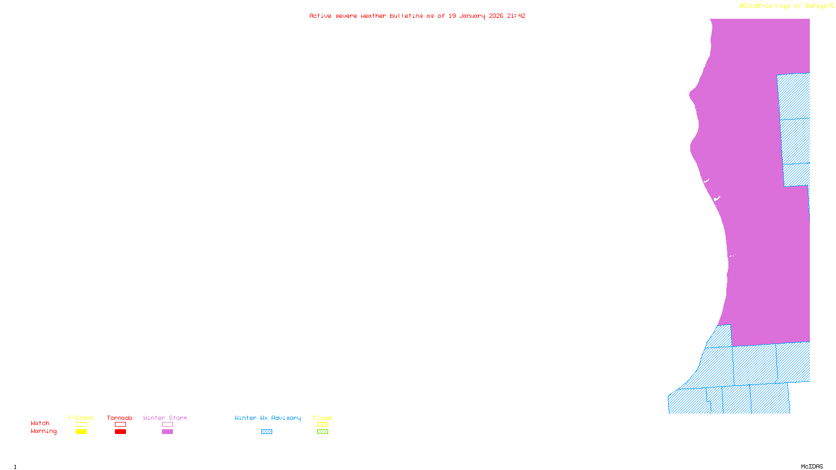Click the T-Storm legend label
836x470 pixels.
(80, 418)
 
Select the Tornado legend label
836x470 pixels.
(120, 418)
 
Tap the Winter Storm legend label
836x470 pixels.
(165, 418)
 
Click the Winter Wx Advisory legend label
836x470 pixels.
(268, 418)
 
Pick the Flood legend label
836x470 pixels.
(322, 418)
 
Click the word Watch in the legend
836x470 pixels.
(40, 423)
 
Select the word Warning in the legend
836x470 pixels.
(44, 431)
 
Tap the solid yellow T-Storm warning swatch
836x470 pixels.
(81, 432)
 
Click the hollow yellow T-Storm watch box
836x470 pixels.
(81, 425)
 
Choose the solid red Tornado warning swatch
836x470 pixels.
(120, 432)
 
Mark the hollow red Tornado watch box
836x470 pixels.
(120, 425)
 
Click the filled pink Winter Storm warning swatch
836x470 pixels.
(167, 432)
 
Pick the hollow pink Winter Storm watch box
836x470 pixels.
(167, 425)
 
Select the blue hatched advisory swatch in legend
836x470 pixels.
(266, 432)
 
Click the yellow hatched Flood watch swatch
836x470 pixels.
(322, 425)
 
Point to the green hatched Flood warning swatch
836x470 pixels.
(322, 432)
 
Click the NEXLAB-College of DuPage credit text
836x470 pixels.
(783, 6)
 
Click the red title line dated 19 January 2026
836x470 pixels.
(417, 16)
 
